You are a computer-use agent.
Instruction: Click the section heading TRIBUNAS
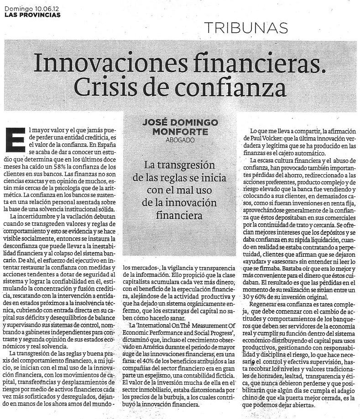tap(246, 27)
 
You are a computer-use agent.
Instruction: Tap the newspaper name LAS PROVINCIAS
tap(32, 15)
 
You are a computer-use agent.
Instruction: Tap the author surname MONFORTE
tap(180, 131)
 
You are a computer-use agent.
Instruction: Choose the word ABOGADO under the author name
tap(180, 140)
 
